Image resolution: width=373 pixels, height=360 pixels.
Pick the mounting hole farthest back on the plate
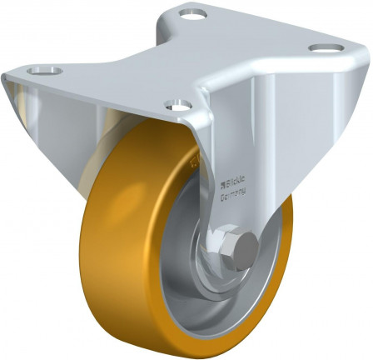[192, 14]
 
